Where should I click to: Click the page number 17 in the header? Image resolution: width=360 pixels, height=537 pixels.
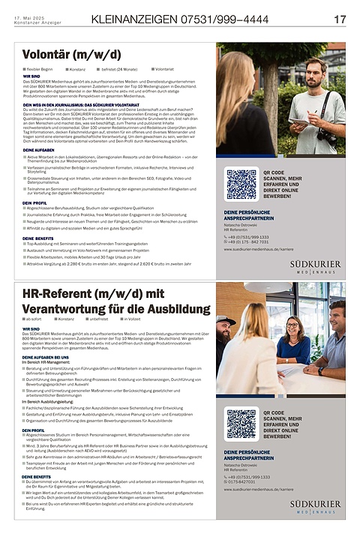(x=340, y=19)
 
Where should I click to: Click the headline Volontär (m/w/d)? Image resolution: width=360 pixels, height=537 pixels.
(x=71, y=55)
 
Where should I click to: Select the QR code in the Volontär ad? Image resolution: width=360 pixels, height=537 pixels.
(x=241, y=184)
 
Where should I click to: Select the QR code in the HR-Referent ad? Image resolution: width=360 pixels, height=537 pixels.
(x=241, y=424)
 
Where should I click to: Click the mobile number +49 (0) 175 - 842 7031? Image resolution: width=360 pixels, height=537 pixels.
(x=250, y=242)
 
